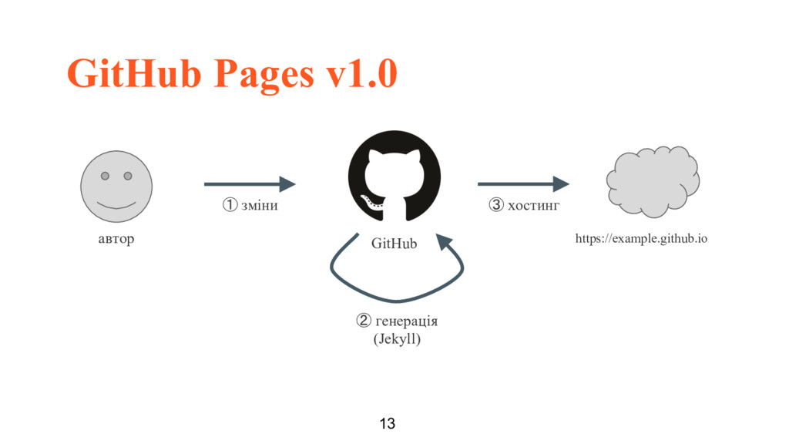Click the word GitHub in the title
pyautogui.click(x=135, y=74)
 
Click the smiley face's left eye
pyautogui.click(x=106, y=176)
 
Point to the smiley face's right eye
pyautogui.click(x=127, y=176)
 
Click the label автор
pyautogui.click(x=116, y=239)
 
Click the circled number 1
pyautogui.click(x=230, y=206)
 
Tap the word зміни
pyautogui.click(x=260, y=206)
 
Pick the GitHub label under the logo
pyautogui.click(x=394, y=244)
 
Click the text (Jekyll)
pyautogui.click(x=397, y=338)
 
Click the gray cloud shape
pyautogui.click(x=652, y=183)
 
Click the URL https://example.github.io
pyautogui.click(x=641, y=239)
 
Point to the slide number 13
pyautogui.click(x=388, y=423)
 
